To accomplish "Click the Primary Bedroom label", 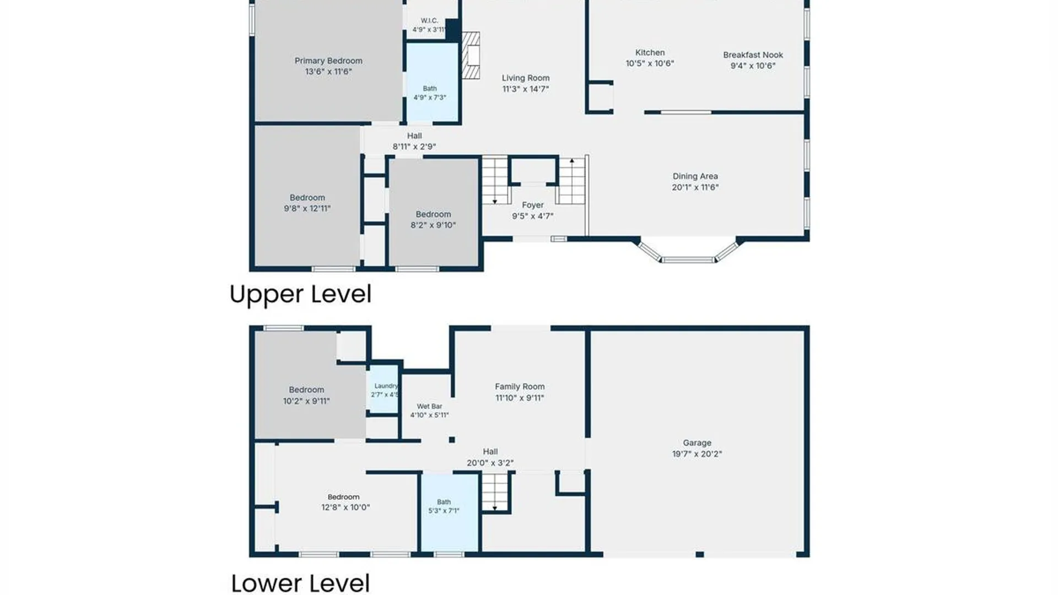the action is point(328,61).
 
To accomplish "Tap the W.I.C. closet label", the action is point(429,20).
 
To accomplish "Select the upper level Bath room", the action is point(433,83).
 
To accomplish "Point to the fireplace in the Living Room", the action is point(471,55).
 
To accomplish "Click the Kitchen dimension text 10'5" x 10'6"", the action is point(650,63).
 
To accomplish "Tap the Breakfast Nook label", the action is point(753,55).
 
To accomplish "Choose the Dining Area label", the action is point(695,176).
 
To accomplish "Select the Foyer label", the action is point(533,205).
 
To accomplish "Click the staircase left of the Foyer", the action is point(495,180).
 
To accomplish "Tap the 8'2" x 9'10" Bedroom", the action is point(434,212).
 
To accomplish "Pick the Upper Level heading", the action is point(300,294).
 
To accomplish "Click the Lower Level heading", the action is point(300,583).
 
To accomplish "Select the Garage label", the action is point(697,443).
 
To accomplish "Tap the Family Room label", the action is point(520,387).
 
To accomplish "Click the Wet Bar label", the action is point(429,406).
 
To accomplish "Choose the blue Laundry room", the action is point(383,388).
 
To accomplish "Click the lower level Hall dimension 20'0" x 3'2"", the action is point(490,463).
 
